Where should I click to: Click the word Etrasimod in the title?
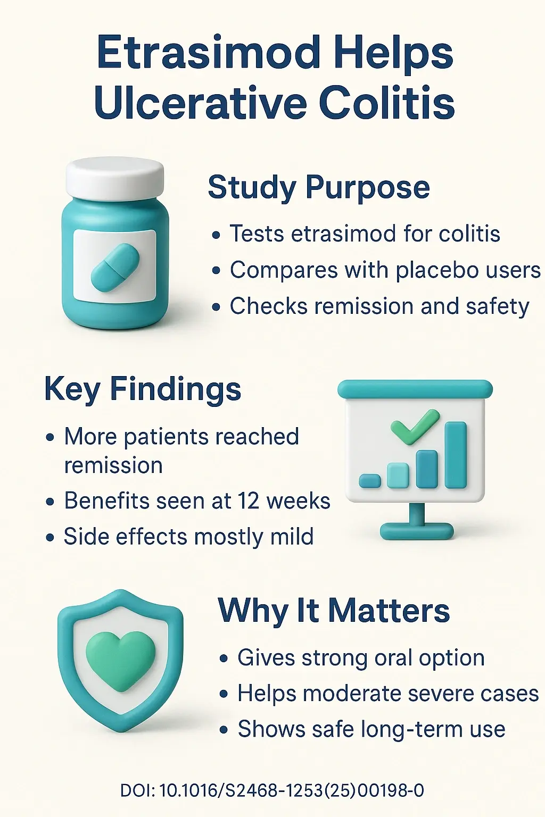point(208,53)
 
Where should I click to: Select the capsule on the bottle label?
point(115,264)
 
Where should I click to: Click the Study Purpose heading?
point(318,187)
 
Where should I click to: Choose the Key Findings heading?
point(142,389)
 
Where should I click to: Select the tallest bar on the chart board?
point(456,455)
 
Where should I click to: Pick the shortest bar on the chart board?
point(370,480)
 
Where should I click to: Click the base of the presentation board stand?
point(417,531)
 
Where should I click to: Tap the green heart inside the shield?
point(121,660)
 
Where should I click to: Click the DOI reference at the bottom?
point(272,790)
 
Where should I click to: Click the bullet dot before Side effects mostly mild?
point(50,538)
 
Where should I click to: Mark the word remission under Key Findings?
point(113,465)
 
